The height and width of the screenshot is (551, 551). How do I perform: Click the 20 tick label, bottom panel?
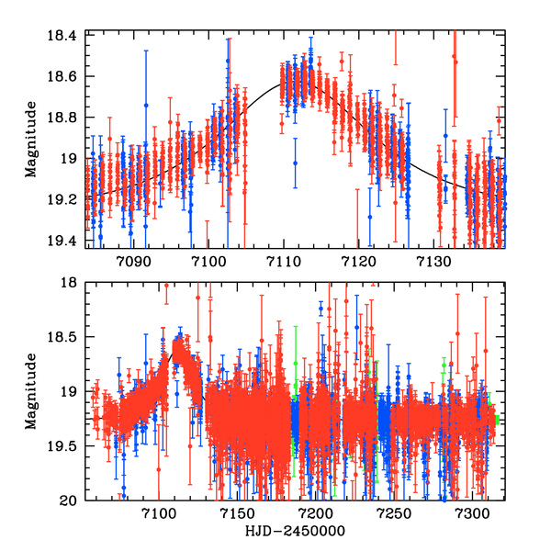(72, 500)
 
